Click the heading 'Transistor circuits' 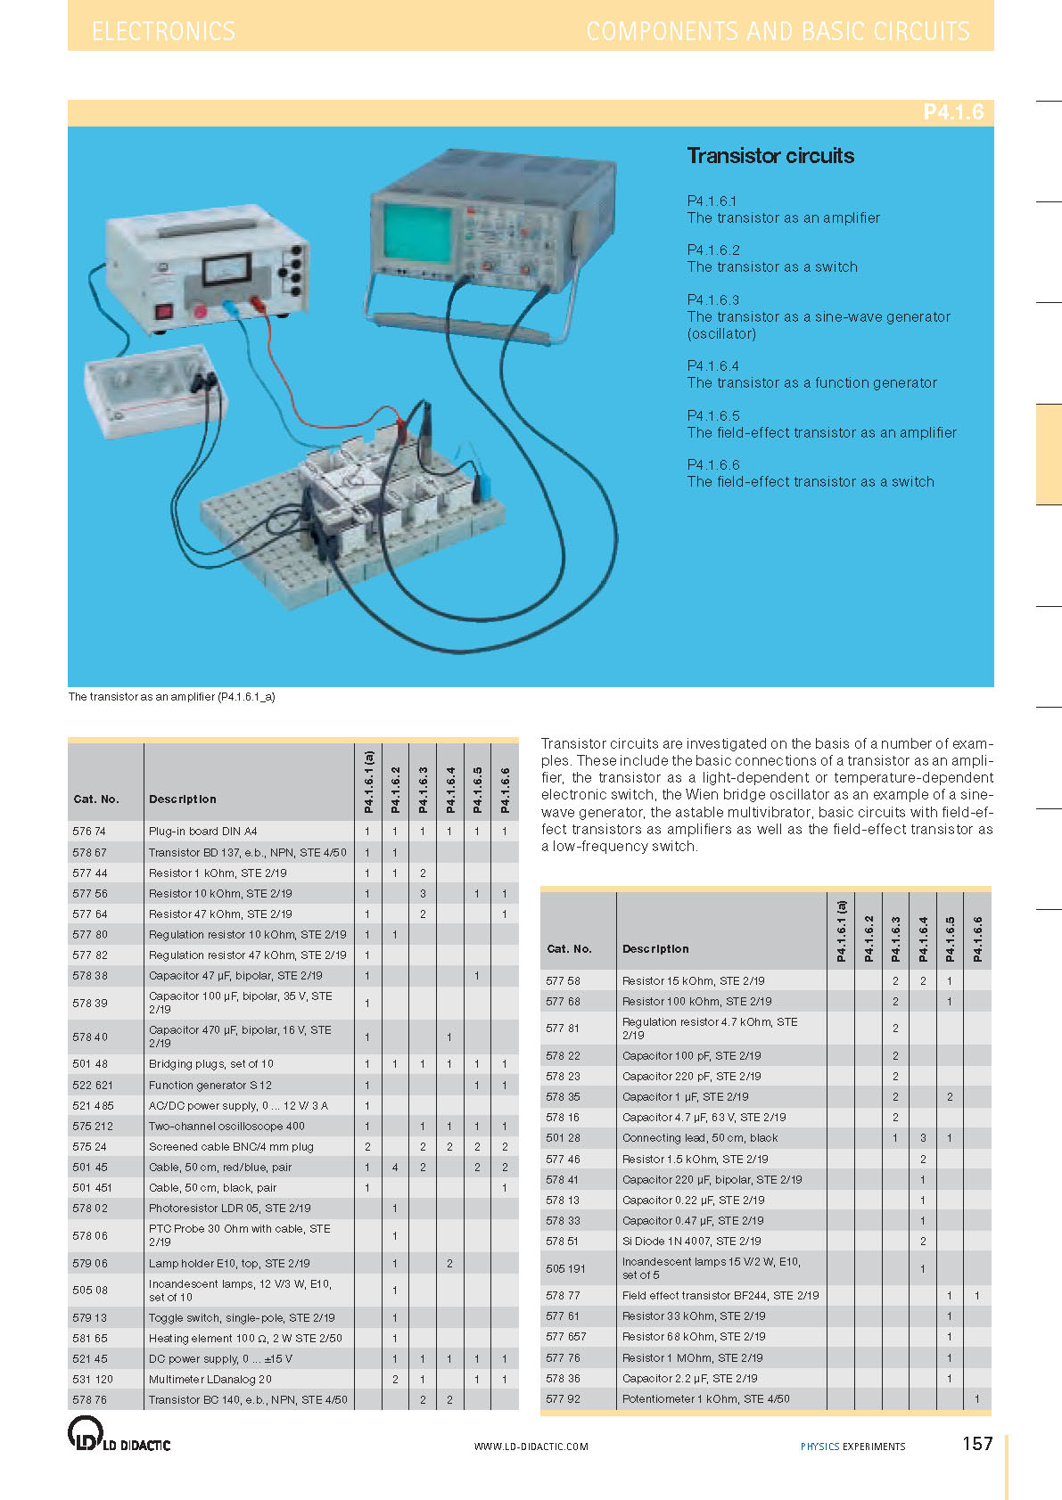[x=770, y=156]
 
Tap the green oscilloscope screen [x=418, y=233]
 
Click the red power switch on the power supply [x=164, y=312]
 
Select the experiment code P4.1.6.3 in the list [x=713, y=300]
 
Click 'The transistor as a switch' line [x=772, y=267]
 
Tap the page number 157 [x=977, y=1444]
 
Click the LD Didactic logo [x=119, y=1435]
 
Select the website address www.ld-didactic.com [x=531, y=1447]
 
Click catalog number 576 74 [x=89, y=832]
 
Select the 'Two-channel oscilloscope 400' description [x=226, y=1127]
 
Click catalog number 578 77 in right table [x=563, y=1296]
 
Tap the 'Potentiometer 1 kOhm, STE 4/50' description [x=705, y=1399]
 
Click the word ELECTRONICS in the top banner [x=164, y=32]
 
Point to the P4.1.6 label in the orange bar [x=952, y=112]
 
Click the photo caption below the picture [x=171, y=697]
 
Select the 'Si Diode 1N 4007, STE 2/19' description [x=691, y=1242]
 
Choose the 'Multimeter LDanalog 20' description [x=210, y=1380]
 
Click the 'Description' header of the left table [x=183, y=799]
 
